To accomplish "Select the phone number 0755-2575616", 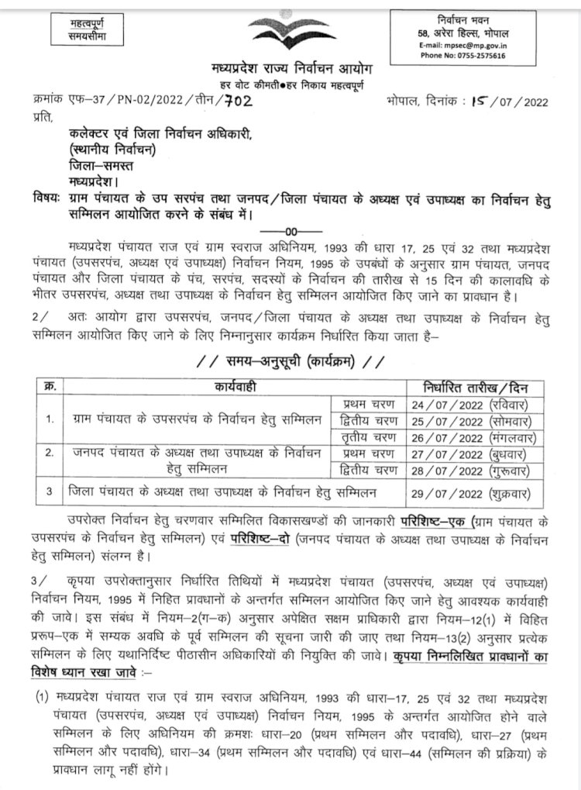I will pos(463,56).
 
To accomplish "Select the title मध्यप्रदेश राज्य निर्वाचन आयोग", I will pos(290,70).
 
